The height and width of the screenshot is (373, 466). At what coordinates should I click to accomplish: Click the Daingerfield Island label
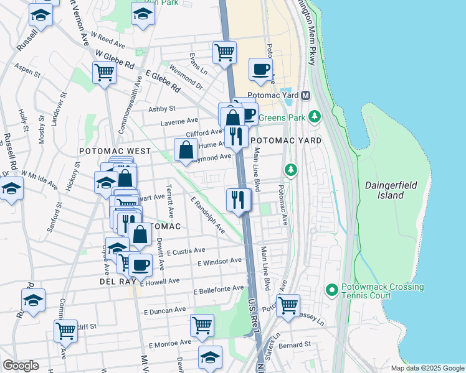(393, 190)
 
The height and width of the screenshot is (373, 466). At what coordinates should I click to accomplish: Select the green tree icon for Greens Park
(315, 116)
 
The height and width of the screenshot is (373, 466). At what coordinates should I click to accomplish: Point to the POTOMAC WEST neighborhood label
(115, 151)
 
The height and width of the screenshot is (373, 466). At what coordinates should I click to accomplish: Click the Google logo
(21, 366)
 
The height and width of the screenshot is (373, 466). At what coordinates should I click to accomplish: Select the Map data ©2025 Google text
(427, 368)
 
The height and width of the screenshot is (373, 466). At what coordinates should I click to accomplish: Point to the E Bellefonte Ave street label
(219, 289)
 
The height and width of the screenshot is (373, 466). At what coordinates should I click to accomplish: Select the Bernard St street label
(295, 344)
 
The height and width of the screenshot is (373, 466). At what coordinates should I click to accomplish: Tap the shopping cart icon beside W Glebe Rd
(104, 72)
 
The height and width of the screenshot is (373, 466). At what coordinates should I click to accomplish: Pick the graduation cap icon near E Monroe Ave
(210, 357)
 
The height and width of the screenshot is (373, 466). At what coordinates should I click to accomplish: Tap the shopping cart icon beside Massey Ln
(287, 305)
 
